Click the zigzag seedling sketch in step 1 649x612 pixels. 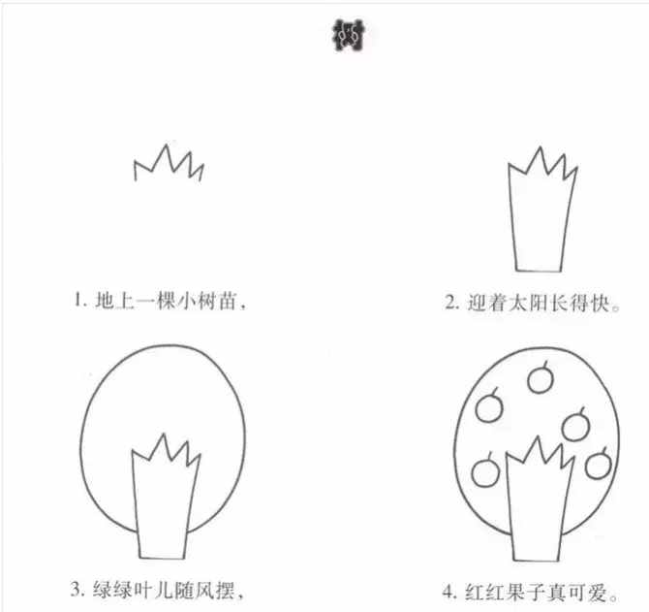[169, 166]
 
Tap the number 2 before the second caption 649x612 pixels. [449, 303]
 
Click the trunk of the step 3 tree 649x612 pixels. [161, 504]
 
